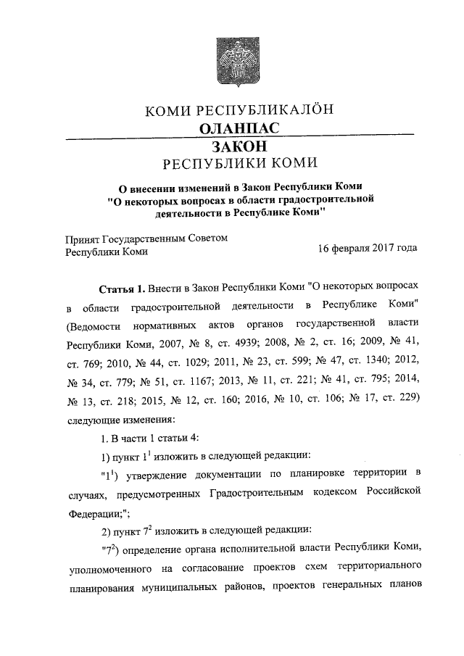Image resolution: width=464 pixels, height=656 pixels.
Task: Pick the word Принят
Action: (x=82, y=238)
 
